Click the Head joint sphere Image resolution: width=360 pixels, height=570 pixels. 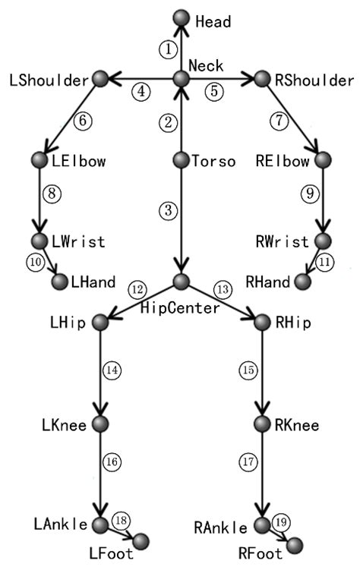coord(181,16)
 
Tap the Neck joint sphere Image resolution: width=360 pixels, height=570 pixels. coord(181,78)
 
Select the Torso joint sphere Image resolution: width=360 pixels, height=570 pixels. coord(181,160)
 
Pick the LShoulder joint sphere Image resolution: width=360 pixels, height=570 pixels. coord(100,78)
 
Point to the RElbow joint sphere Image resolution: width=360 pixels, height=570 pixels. coord(324,160)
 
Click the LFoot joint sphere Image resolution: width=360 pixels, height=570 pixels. coord(141,540)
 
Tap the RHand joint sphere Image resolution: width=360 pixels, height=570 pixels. coord(302,282)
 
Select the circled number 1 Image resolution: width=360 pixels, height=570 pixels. coord(168,48)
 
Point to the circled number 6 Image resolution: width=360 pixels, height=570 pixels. coord(84,120)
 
